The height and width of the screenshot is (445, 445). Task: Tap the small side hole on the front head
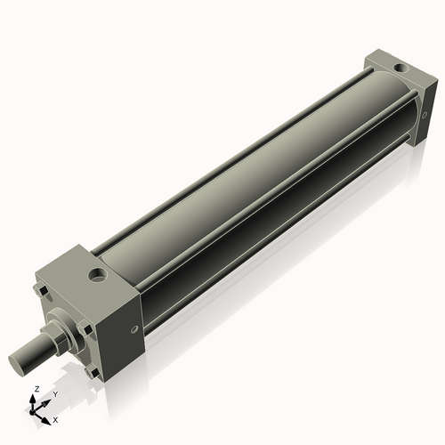pyautogui.click(x=134, y=328)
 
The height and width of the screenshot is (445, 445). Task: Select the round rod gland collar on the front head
pyautogui.click(x=66, y=325)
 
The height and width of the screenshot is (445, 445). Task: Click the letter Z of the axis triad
pyautogui.click(x=35, y=389)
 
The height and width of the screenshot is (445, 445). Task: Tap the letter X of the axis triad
pyautogui.click(x=55, y=418)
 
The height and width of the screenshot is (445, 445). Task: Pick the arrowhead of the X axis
pyautogui.click(x=46, y=416)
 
